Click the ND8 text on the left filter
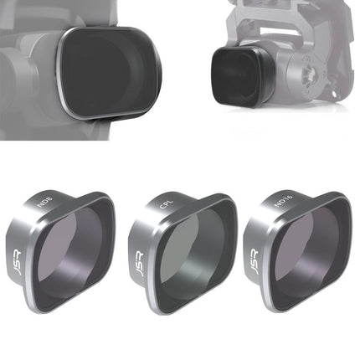point(44,203)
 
